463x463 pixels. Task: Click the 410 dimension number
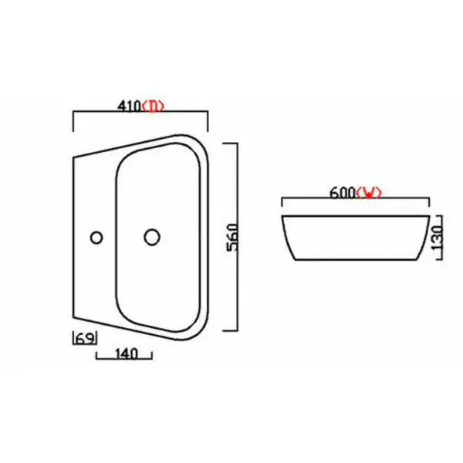point(130,106)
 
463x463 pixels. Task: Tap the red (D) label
point(155,106)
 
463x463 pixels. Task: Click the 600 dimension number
point(341,193)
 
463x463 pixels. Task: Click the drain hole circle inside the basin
point(151,237)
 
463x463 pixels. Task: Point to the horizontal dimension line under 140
point(123,361)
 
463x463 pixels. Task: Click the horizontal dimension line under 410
point(140,113)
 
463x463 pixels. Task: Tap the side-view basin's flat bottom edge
point(355,260)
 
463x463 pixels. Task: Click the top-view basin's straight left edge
point(73,237)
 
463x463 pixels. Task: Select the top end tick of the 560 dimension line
point(230,144)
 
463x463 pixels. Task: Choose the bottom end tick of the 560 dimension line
point(230,330)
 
